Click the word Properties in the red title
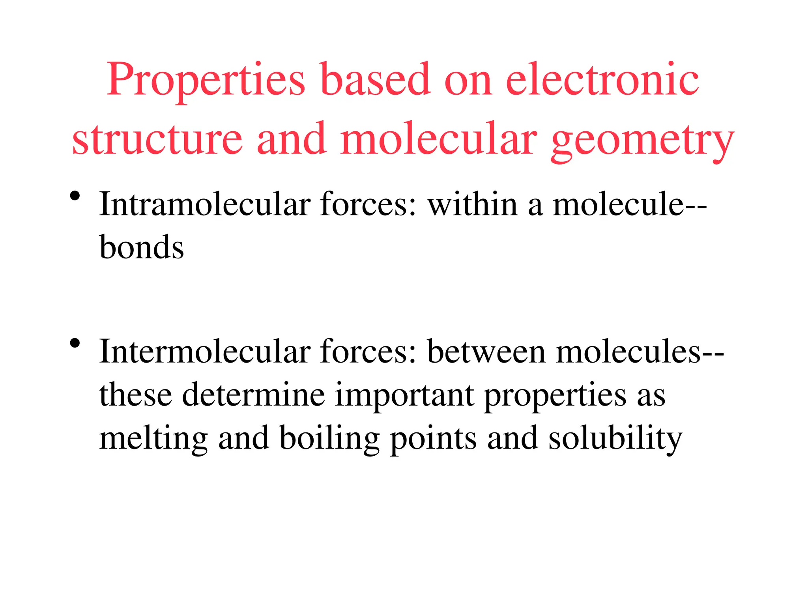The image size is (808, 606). pos(206,80)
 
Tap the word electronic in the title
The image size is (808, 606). pos(602,80)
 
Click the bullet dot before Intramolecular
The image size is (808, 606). pos(75,196)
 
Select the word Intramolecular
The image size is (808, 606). pos(204,205)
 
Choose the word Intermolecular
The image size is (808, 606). pos(204,352)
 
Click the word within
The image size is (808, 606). pos(473,205)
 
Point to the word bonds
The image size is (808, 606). pos(142,248)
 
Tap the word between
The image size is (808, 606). pos(486,352)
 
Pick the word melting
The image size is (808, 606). pos(153,439)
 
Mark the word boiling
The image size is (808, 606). pos(329,439)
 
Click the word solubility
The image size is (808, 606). pos(615,439)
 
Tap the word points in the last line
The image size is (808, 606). pos(433,439)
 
